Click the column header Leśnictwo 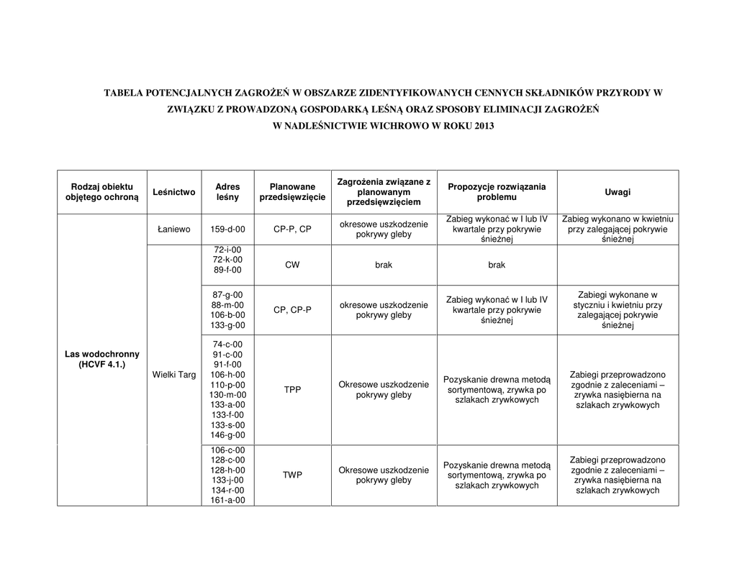point(174,192)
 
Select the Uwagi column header point(618,192)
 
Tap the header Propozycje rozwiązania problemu point(497,192)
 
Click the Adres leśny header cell point(227,192)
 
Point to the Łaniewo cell point(174,229)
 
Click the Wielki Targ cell point(174,375)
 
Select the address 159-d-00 point(227,229)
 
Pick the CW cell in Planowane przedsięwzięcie point(292,265)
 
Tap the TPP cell point(292,389)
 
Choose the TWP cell point(292,475)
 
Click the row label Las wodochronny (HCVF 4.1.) point(102,360)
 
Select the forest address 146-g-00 point(227,435)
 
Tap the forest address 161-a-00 point(227,500)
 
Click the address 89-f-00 point(227,270)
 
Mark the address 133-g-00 point(227,325)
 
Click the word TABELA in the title point(123,93)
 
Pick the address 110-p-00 point(227,385)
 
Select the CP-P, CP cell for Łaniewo point(292,229)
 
